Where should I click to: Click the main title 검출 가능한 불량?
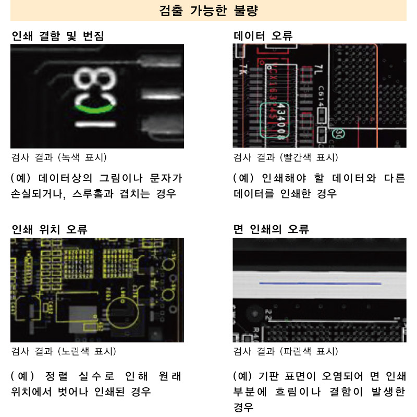208,10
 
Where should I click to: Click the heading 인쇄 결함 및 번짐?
58,36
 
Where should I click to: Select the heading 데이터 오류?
263,35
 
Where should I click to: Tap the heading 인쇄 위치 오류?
50,229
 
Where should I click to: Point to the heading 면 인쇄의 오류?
271,229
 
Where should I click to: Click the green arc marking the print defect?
95,109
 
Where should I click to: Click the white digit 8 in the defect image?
95,79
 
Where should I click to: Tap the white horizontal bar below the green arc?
96,124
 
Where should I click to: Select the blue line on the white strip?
321,284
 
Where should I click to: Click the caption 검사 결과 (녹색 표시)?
59,157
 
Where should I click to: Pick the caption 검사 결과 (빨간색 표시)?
286,157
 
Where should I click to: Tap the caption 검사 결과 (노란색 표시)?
64,351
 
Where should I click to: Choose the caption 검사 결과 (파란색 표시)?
286,351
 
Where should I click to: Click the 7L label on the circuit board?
319,70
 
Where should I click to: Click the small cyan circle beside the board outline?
338,133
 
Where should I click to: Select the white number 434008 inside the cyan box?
282,120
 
